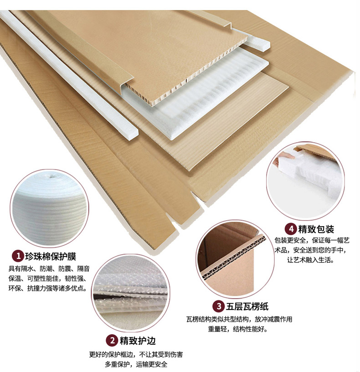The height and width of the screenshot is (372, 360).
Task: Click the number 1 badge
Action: click(x=18, y=256)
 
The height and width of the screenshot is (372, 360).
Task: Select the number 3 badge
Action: click(x=218, y=306)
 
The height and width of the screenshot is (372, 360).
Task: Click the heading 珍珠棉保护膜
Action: click(x=51, y=257)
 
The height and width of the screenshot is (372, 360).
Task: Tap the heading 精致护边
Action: click(x=138, y=341)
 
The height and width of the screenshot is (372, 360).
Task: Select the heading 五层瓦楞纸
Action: click(x=247, y=306)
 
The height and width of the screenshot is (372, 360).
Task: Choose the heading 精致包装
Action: click(x=316, y=229)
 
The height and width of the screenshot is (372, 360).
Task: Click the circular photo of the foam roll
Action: click(x=49, y=208)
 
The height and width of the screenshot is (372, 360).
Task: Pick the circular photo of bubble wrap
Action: click(x=131, y=293)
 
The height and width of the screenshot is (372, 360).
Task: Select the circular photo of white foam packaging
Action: click(x=305, y=181)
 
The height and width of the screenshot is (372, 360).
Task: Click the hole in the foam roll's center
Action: click(x=51, y=176)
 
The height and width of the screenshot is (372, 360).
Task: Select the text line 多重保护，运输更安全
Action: click(x=136, y=364)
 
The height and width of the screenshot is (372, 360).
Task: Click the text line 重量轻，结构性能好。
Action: click(x=238, y=329)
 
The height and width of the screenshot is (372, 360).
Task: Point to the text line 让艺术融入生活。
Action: click(x=311, y=260)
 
